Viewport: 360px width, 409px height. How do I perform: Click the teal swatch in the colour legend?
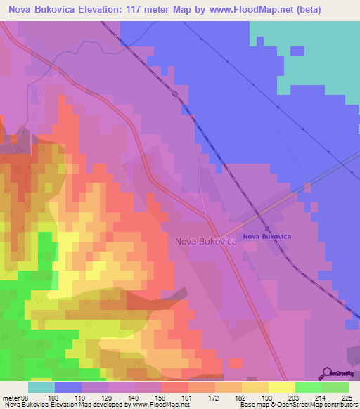41,387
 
